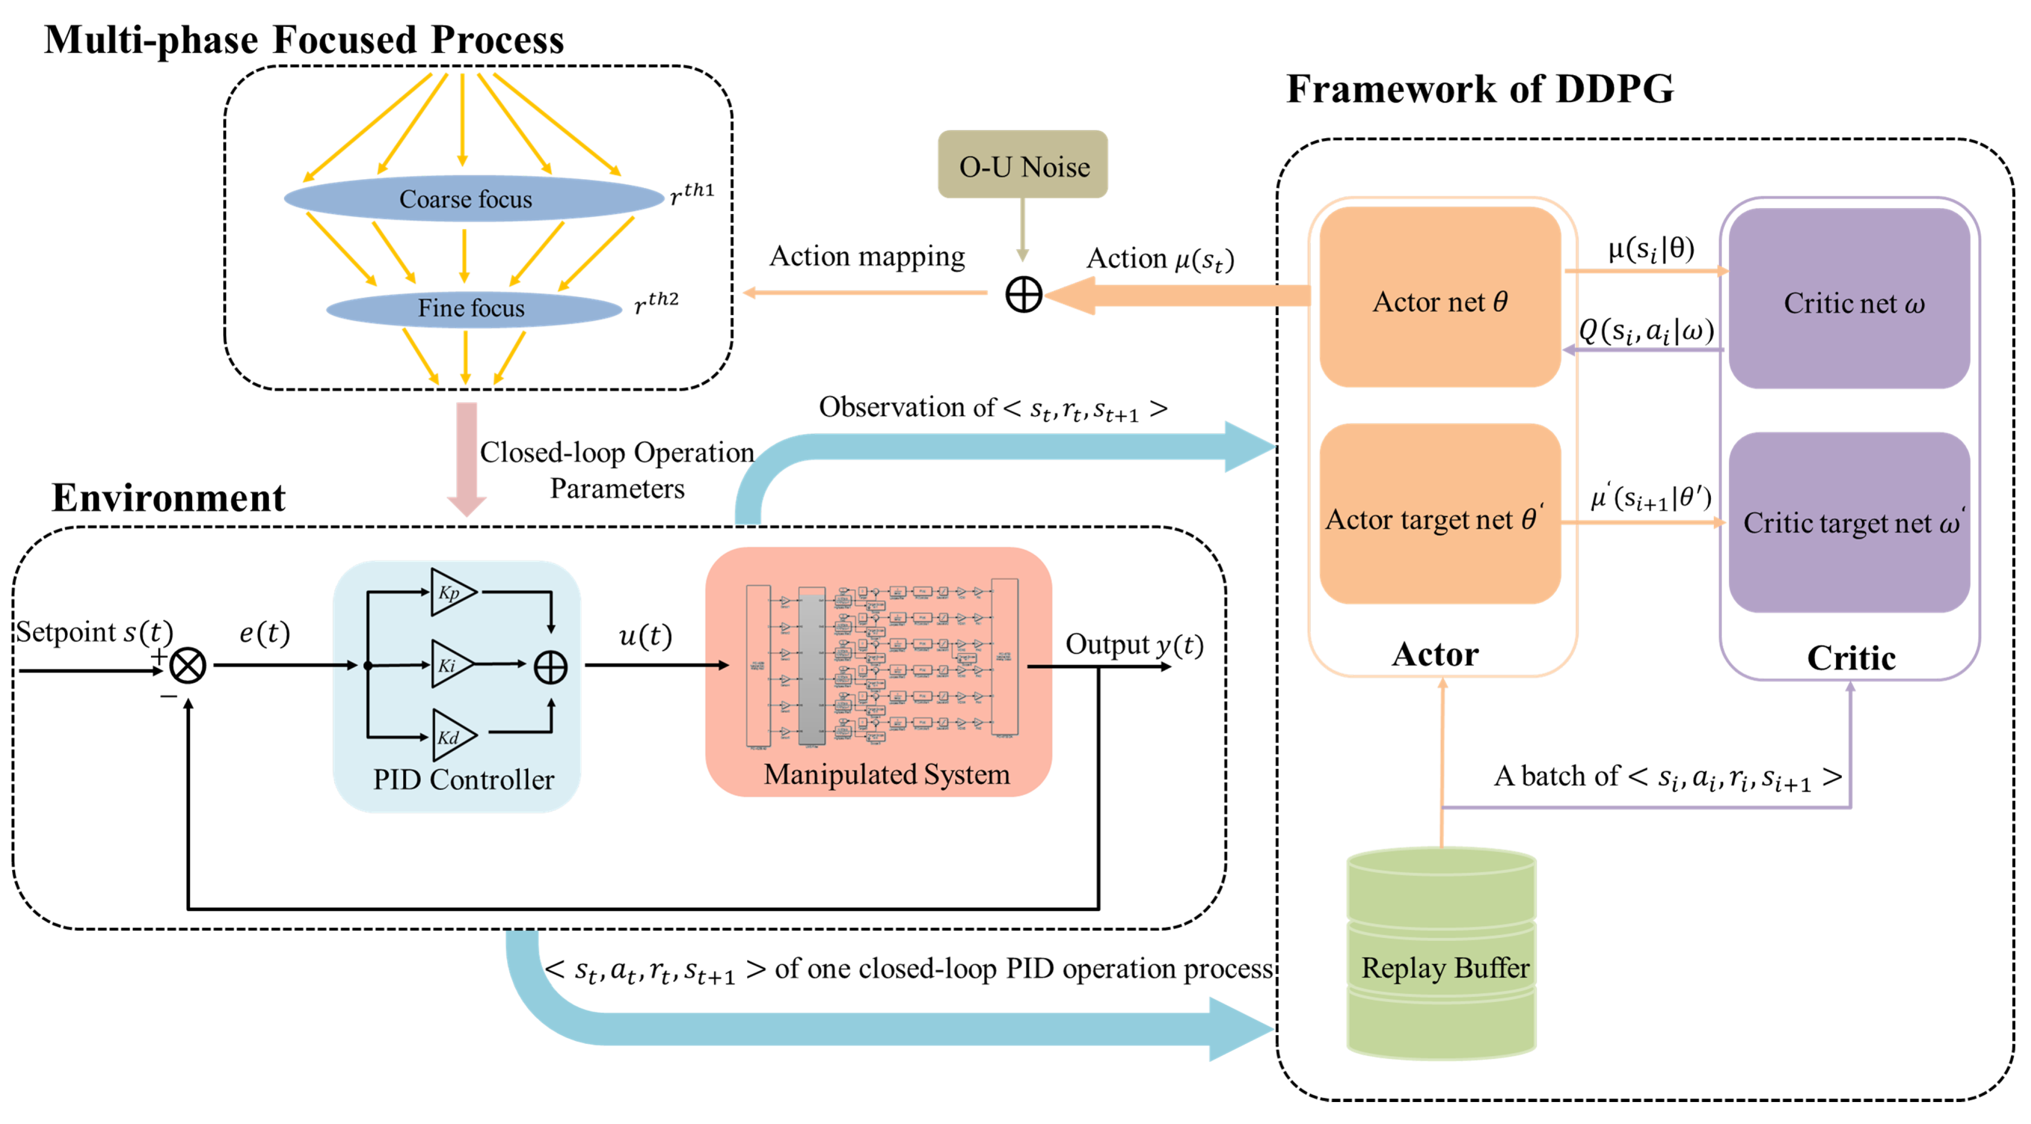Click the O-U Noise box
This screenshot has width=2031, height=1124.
coord(1023,164)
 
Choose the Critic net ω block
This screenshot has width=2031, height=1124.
coord(1849,299)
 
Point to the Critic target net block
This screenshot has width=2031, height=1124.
coord(1849,522)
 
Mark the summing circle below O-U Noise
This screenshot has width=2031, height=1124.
coord(1024,295)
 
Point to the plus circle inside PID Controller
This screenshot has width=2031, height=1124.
coord(550,667)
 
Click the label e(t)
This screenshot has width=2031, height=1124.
coord(265,632)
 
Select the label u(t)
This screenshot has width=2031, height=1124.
coord(645,635)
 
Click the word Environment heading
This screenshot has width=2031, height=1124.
coord(169,498)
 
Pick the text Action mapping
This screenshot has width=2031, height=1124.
coord(867,256)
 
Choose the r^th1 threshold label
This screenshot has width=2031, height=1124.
coord(691,193)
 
